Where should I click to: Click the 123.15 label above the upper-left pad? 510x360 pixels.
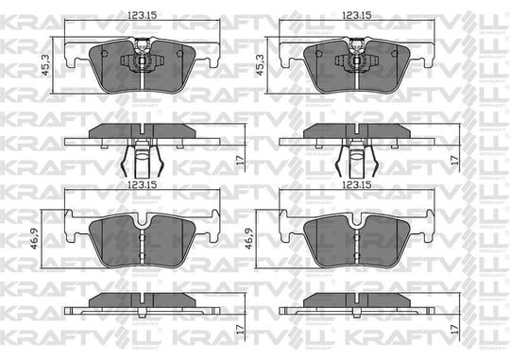[142, 15]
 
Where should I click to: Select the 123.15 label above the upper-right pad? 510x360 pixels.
[357, 15]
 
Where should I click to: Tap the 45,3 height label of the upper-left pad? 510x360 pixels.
[46, 65]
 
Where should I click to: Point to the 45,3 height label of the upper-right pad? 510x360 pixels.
[261, 65]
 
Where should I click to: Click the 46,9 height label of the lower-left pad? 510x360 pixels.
[35, 239]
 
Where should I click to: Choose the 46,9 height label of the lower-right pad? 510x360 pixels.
[249, 239]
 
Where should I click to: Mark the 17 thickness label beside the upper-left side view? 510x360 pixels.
[241, 160]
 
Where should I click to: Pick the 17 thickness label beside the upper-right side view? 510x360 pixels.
[454, 160]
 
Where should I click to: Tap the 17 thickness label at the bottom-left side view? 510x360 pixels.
[241, 329]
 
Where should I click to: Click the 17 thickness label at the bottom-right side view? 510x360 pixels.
[454, 329]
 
